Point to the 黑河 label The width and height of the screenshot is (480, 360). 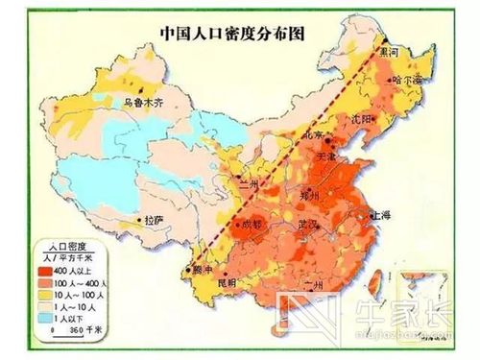394,48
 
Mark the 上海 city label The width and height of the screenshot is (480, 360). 381,218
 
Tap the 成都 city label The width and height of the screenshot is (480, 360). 252,224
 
